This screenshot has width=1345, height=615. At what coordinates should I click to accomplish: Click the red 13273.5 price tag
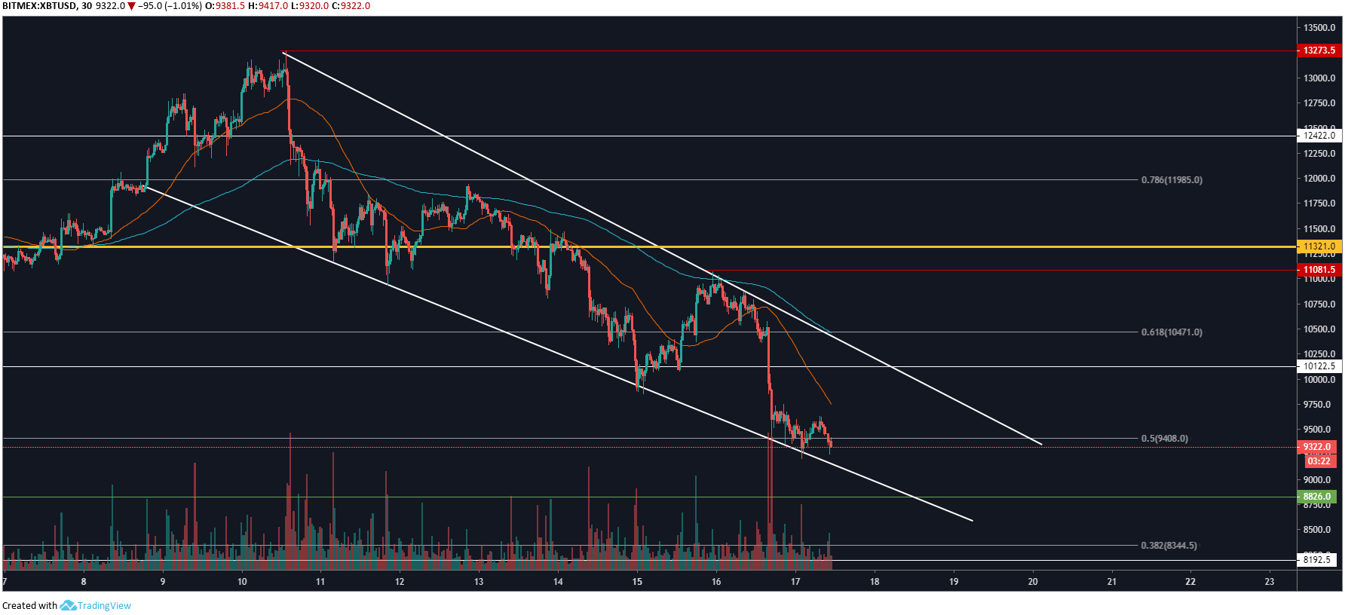point(1319,50)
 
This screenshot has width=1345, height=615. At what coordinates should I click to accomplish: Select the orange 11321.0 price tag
point(1319,246)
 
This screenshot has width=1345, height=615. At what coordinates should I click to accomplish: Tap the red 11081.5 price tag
point(1319,270)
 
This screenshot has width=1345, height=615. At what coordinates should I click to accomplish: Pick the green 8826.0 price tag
point(1317,497)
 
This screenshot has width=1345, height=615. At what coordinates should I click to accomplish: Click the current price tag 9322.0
point(1317,447)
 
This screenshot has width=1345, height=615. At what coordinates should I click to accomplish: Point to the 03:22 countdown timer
point(1319,461)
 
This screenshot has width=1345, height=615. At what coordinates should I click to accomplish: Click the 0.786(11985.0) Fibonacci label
point(1172,180)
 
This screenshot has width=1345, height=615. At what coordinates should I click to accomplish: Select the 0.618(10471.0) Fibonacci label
point(1172,332)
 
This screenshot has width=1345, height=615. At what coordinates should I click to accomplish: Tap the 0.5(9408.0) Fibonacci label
point(1164,439)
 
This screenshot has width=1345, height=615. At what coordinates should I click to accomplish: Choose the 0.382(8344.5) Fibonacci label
point(1169,546)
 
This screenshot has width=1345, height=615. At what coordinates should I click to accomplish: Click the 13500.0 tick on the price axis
point(1319,28)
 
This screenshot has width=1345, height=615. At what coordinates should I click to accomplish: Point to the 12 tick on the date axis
point(400,582)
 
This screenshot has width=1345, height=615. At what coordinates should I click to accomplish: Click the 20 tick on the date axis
point(1033,582)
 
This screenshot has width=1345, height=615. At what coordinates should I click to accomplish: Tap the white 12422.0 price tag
point(1319,136)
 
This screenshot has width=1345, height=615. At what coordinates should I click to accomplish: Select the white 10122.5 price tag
point(1319,366)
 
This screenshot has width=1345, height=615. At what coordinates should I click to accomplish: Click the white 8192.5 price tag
point(1317,560)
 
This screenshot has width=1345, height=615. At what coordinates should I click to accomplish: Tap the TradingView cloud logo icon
point(68,605)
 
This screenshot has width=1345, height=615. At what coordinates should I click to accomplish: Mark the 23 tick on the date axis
point(1270,582)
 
